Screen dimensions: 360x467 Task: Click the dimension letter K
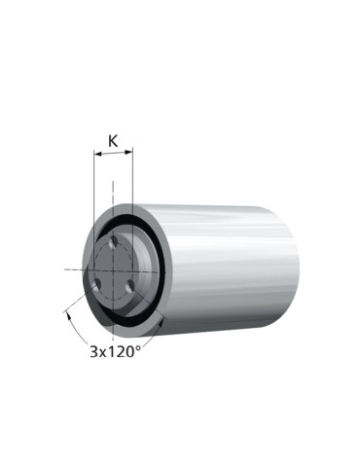[x=113, y=141]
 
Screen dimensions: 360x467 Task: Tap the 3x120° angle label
[x=116, y=351]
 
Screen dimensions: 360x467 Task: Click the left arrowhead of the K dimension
[x=96, y=153]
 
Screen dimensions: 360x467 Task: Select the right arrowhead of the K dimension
[x=129, y=152]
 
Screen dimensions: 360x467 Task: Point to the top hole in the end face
[x=114, y=241]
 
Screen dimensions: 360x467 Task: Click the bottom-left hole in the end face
[x=96, y=285]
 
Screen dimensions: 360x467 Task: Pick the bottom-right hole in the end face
[x=130, y=286]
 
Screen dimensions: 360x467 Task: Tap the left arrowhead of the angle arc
[x=68, y=314]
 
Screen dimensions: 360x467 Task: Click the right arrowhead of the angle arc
[x=161, y=323]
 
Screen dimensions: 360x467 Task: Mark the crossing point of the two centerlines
[x=113, y=269]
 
